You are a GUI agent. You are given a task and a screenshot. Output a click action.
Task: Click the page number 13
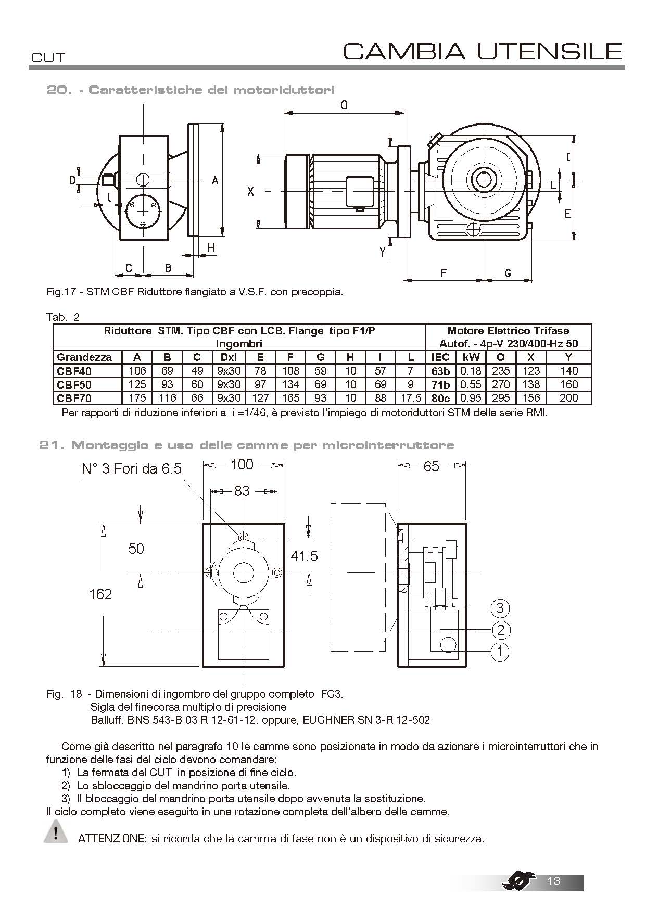point(553,880)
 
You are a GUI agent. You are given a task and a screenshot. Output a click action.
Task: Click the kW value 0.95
point(471,398)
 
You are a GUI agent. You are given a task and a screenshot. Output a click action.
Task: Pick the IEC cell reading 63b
point(440,371)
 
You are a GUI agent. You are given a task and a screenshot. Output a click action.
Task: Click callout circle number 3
point(500,608)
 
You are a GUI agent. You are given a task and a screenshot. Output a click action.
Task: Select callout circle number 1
point(500,651)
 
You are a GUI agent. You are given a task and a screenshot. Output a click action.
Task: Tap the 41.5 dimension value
point(304,556)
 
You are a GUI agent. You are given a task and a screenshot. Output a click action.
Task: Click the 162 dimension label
point(100,594)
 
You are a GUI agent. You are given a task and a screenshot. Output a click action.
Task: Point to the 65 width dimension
point(431,466)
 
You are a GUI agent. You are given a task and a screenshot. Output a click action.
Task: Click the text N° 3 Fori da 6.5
point(132,469)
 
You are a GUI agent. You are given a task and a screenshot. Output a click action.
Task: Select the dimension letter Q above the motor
point(344,106)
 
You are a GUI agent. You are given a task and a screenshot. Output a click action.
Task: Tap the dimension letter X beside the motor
point(250,192)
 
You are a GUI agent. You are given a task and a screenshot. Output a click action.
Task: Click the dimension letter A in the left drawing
point(215,180)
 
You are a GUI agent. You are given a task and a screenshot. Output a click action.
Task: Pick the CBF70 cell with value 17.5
point(411,398)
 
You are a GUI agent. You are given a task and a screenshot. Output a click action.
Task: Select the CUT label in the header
point(48,57)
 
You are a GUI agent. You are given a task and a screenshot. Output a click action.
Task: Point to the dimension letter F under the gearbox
point(444,272)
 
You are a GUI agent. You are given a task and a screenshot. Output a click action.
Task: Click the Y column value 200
point(569,398)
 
